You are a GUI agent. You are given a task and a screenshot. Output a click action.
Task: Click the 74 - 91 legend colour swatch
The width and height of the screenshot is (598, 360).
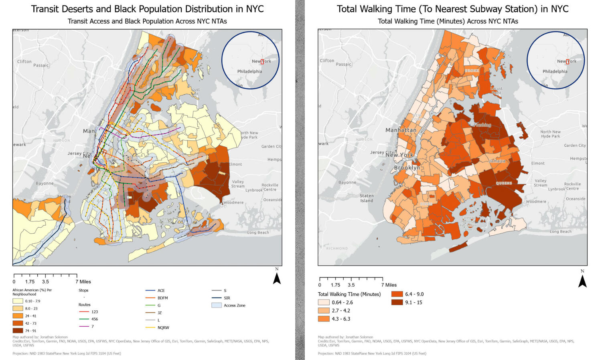pos(18,331)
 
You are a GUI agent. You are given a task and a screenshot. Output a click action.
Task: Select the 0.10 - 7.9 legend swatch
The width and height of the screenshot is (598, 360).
pos(18,301)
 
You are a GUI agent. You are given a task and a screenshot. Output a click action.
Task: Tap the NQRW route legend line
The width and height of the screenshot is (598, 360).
pos(150,328)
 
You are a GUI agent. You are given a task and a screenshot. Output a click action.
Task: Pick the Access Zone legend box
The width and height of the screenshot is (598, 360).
pos(217,305)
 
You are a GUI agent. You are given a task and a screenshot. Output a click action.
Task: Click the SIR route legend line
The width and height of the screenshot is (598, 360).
pos(217,298)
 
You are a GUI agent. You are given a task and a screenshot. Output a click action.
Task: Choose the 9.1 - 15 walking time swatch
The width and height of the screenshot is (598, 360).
pos(397,302)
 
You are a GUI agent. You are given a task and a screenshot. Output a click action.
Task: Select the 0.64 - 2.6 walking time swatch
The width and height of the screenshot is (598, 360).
pos(324,302)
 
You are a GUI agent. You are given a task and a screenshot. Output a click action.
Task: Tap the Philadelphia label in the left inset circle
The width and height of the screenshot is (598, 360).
pos(249,71)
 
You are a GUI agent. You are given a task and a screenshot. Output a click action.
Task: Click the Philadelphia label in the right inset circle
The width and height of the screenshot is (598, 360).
pos(555,71)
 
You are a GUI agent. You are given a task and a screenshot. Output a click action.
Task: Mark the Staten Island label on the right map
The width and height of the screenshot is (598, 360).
pos(367,198)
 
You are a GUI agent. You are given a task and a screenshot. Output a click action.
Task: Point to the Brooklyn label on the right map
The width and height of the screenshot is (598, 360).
pos(407,168)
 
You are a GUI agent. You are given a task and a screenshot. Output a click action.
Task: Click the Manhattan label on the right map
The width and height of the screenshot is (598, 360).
pos(401,130)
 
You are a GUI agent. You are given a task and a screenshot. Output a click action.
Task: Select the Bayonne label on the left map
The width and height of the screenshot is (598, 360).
pos(45,183)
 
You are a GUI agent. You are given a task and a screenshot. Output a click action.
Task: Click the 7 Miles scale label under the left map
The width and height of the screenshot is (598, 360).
pos(83,282)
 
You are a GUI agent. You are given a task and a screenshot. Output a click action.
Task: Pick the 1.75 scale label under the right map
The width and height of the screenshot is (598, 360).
pos(335,285)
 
